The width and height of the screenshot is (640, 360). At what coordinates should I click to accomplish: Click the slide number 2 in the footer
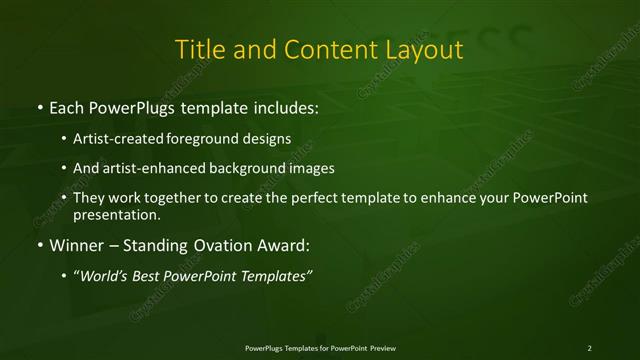pos(589,347)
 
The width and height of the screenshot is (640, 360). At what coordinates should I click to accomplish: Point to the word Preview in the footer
pos(383,347)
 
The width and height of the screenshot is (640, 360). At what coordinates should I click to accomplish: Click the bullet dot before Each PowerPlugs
pos(38,105)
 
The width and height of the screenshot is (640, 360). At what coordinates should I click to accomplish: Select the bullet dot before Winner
pos(38,244)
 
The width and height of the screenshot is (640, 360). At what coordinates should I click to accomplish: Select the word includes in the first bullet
pos(283,105)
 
